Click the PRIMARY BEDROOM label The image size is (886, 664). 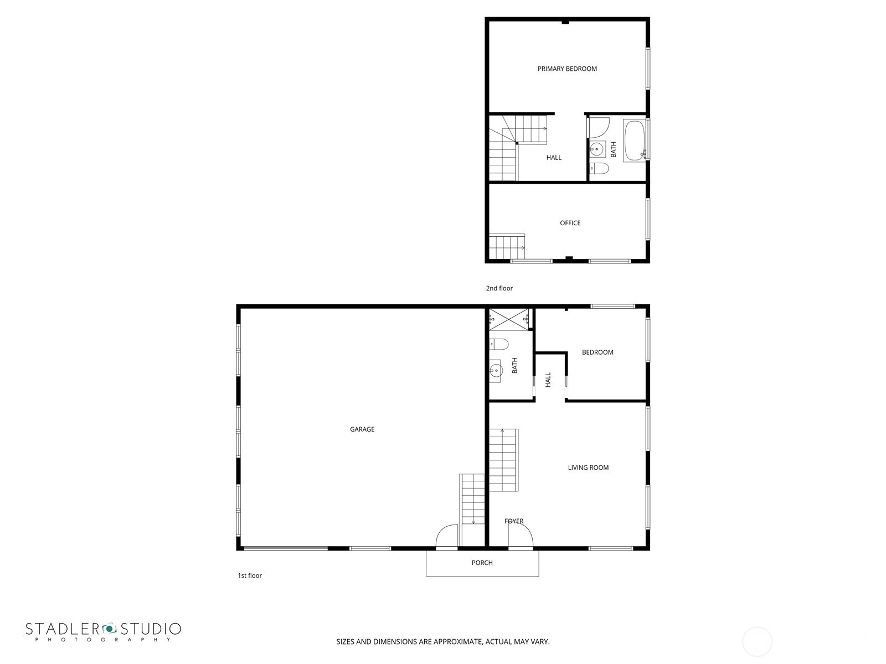[x=567, y=69]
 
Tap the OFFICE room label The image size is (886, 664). [x=570, y=223]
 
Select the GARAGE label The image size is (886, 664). [x=362, y=429]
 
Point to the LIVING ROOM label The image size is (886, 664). [x=588, y=468]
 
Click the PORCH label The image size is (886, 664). [x=482, y=563]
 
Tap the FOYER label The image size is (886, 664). [x=514, y=521]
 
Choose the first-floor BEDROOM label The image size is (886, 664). [x=597, y=352]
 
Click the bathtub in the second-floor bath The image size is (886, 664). [x=634, y=141]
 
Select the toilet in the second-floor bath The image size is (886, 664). [x=598, y=168]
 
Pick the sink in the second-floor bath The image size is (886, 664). [x=597, y=148]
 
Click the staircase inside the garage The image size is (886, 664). [x=472, y=498]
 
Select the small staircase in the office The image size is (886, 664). [x=507, y=244]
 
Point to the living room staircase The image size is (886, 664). [x=503, y=460]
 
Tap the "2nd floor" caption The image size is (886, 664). [x=499, y=288]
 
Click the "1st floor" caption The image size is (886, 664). [x=250, y=575]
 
